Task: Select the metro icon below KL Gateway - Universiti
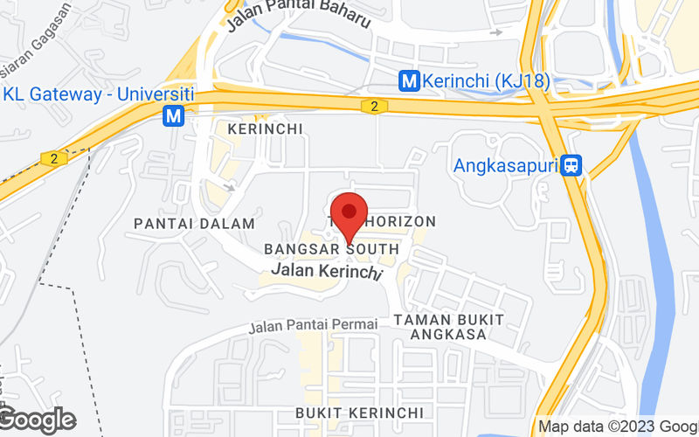tap(175, 115)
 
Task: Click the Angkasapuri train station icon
tap(572, 164)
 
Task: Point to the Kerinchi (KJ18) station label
tap(473, 81)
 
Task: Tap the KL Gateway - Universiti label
tap(98, 94)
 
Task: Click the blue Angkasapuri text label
tap(506, 164)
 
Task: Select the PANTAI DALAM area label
tap(194, 224)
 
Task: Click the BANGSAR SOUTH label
tap(331, 250)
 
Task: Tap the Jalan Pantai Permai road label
tap(313, 326)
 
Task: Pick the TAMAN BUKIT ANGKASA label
tap(448, 327)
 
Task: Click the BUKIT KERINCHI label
tap(359, 412)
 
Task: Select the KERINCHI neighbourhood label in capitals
tap(265, 128)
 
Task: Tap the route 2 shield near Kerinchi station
tap(374, 106)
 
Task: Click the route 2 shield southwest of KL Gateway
tap(54, 158)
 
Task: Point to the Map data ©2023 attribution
tap(617, 427)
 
